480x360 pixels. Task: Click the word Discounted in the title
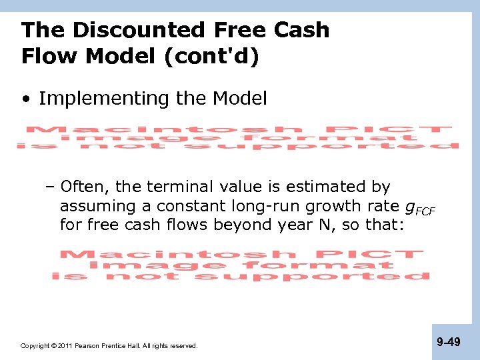coord(141,30)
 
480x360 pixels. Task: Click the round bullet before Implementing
coord(25,99)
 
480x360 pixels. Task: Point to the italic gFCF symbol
coord(419,207)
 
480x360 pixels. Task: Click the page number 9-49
coord(448,342)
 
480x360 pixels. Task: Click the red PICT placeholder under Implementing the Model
coord(237,137)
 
